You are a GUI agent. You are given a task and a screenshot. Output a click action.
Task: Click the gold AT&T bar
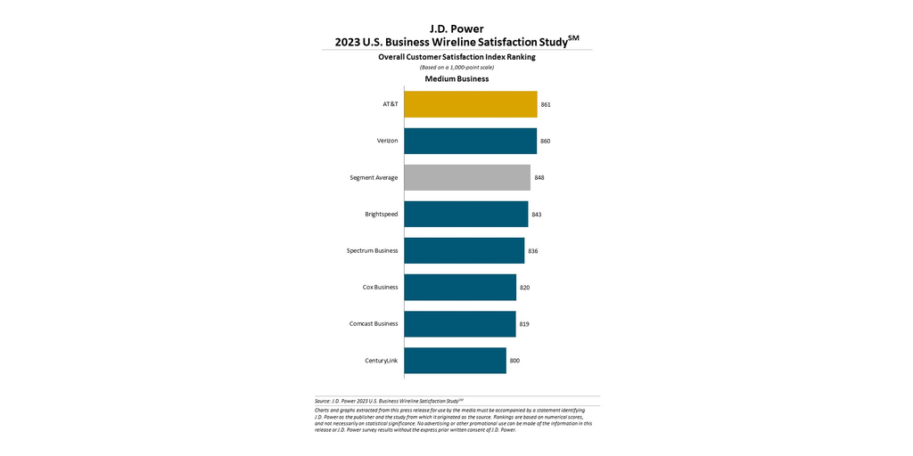(x=470, y=104)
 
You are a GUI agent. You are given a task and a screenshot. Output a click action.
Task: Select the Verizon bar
(x=470, y=141)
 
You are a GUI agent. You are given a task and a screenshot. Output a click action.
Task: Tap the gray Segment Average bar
(x=466, y=177)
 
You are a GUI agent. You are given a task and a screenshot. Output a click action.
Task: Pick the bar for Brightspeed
(x=465, y=214)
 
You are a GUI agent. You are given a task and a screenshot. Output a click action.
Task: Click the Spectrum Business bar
(x=464, y=250)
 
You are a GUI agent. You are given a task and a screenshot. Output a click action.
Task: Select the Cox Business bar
(x=460, y=287)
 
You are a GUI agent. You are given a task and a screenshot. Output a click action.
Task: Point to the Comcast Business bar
(x=459, y=323)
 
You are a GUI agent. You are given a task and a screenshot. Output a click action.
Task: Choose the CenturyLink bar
(x=455, y=360)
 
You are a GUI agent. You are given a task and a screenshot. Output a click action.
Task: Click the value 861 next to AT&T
(x=546, y=104)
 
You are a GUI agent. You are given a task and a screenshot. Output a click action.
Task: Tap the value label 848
(x=539, y=177)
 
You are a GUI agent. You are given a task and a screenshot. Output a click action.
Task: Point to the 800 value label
(x=514, y=360)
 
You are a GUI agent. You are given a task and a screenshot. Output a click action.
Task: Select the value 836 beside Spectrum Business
(x=533, y=250)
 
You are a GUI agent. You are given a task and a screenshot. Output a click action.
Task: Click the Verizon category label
(x=387, y=141)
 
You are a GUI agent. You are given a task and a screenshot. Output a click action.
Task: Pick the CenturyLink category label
(x=382, y=360)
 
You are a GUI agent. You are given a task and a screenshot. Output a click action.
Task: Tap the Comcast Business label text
(x=374, y=323)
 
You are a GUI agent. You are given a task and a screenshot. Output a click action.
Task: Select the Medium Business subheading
(x=456, y=78)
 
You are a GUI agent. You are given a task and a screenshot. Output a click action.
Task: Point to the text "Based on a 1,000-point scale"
(x=456, y=67)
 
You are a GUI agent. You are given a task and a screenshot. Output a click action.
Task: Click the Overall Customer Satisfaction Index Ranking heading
(x=456, y=57)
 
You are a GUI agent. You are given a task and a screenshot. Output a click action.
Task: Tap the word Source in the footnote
(x=322, y=402)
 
